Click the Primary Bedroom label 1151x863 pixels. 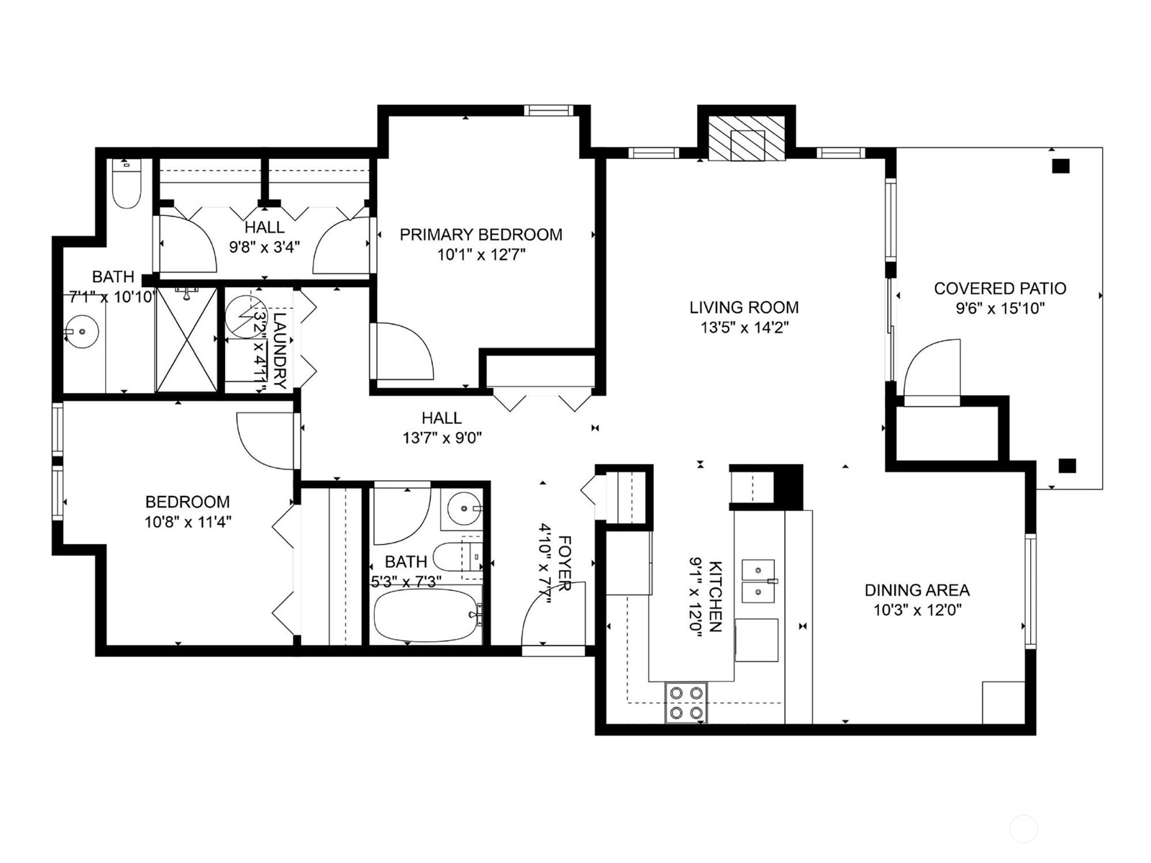click(481, 235)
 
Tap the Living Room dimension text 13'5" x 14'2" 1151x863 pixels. click(744, 328)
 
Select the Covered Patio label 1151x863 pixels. click(1000, 289)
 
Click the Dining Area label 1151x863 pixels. click(917, 590)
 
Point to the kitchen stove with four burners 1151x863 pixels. click(686, 703)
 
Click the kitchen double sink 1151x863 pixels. click(758, 581)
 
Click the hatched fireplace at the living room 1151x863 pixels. click(747, 138)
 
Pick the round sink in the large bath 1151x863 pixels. click(82, 332)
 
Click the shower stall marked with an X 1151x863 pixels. click(186, 340)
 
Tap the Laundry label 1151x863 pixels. click(280, 350)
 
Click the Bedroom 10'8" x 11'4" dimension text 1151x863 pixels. click(188, 523)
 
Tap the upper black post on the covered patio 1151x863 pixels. click(1061, 166)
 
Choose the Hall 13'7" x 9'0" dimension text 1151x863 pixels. click(442, 438)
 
